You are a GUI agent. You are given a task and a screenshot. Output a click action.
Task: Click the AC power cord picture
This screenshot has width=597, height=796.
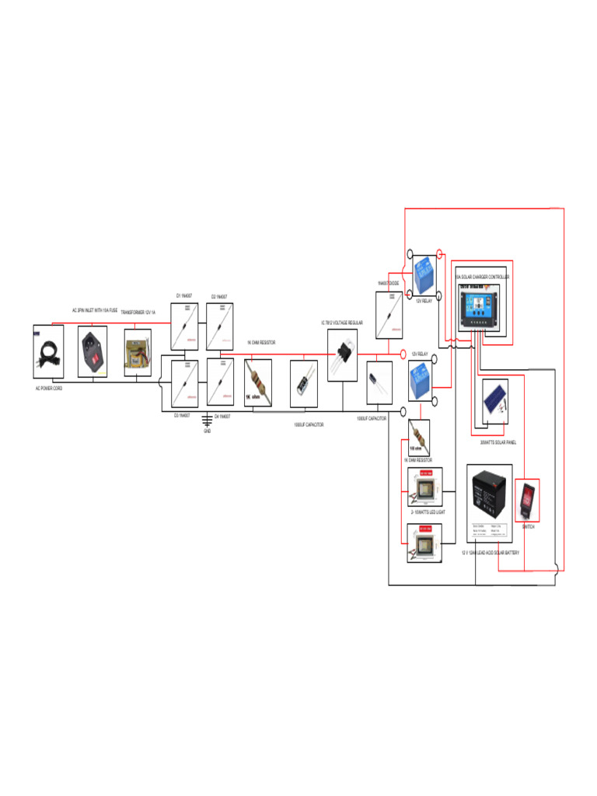click(x=48, y=354)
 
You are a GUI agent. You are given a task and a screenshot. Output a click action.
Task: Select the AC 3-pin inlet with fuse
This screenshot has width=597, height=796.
click(x=97, y=351)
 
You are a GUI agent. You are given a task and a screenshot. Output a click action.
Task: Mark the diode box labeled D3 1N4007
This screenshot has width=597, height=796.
click(x=184, y=384)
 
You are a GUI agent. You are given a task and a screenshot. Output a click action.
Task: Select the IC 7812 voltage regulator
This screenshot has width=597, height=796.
click(x=343, y=354)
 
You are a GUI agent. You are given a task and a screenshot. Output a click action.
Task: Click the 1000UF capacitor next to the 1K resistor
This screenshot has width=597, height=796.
click(x=303, y=384)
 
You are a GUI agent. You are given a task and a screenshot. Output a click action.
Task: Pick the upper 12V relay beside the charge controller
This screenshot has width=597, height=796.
click(x=424, y=274)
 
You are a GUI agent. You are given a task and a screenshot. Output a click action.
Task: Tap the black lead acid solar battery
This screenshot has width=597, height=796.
click(x=490, y=502)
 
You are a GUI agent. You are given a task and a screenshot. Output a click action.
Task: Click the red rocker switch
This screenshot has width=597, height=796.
click(x=528, y=501)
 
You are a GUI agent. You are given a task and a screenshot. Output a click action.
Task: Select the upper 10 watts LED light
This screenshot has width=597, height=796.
click(x=425, y=487)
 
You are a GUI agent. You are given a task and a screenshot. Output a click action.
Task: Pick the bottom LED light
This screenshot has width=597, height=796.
click(x=425, y=543)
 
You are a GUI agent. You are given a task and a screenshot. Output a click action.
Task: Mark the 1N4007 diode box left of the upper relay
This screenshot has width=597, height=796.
click(x=389, y=316)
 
